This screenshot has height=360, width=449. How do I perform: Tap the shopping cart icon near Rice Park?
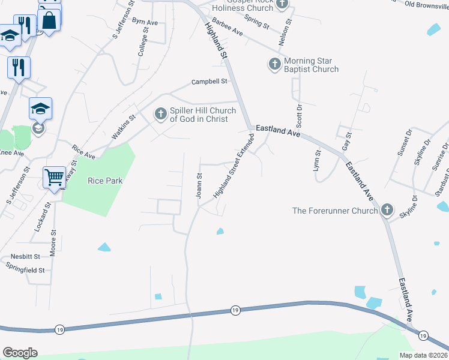[x=54, y=178]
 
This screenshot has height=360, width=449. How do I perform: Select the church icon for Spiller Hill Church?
[x=160, y=113]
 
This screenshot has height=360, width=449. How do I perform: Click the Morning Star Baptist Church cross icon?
[x=275, y=64]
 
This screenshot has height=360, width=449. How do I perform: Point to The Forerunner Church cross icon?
[x=387, y=210]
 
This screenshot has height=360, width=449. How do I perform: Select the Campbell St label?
[x=210, y=82]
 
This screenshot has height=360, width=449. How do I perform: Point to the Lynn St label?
[x=318, y=161]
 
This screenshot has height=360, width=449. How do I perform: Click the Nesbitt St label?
[x=25, y=256]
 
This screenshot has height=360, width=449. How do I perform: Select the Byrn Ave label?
[x=145, y=22]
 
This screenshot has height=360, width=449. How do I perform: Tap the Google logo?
[x=20, y=353]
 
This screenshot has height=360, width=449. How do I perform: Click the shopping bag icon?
[x=49, y=20]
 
